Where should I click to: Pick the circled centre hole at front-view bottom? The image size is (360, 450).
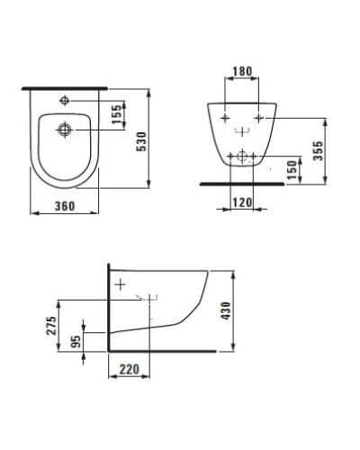click(x=239, y=155)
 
